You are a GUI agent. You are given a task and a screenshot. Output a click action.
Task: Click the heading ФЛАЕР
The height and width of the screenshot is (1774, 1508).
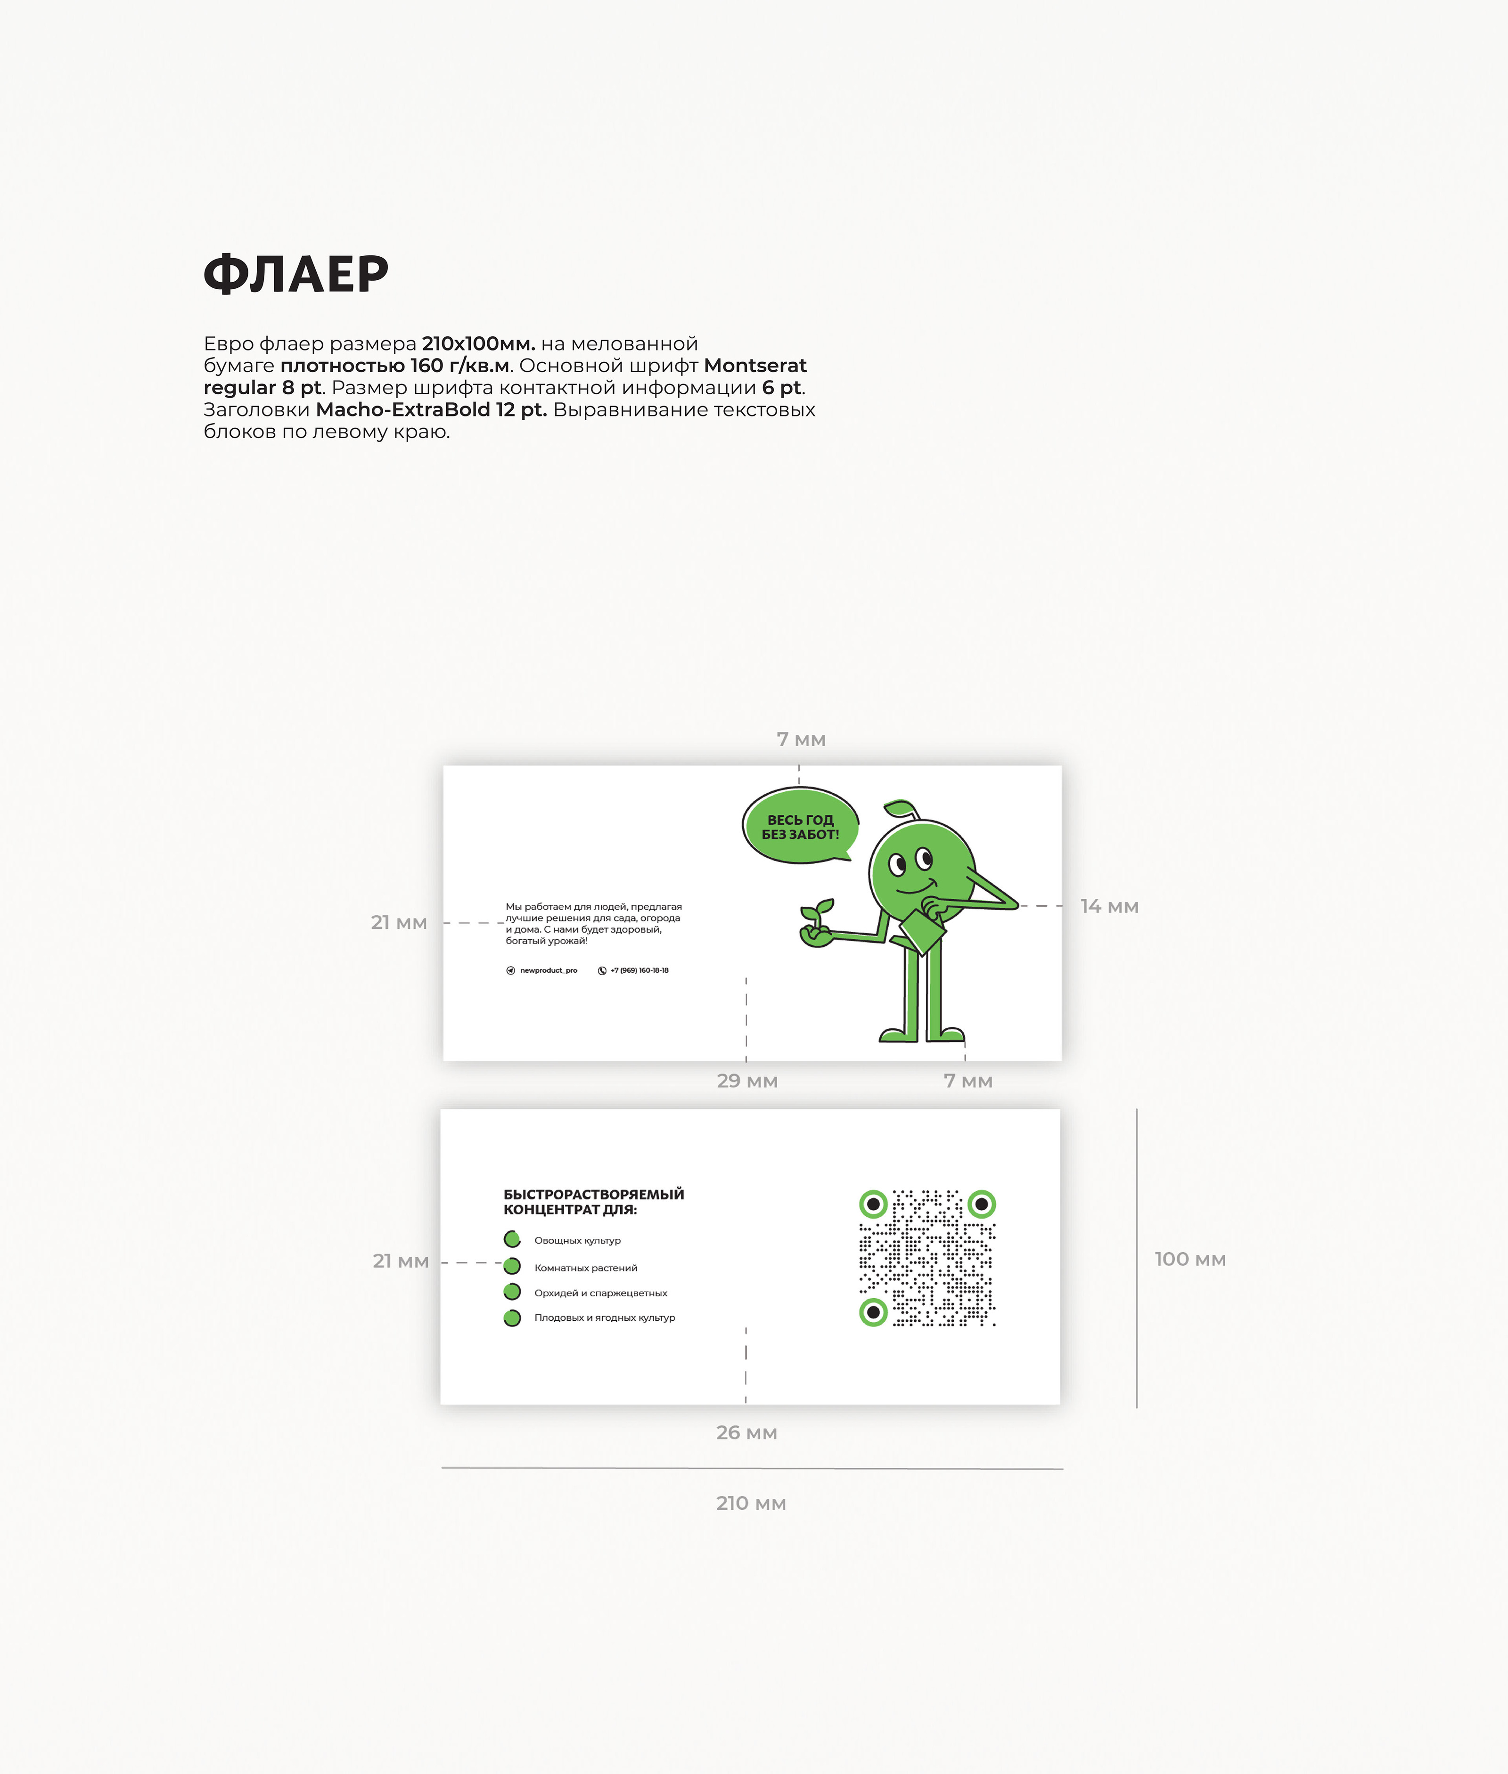pyautogui.click(x=296, y=274)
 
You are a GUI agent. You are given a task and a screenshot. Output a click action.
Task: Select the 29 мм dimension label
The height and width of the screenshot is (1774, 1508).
pyautogui.click(x=747, y=1081)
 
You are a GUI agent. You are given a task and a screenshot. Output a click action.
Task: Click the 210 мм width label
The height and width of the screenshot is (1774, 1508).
pyautogui.click(x=751, y=1503)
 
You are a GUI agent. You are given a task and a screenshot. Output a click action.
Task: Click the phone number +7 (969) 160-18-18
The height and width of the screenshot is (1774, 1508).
pyautogui.click(x=639, y=971)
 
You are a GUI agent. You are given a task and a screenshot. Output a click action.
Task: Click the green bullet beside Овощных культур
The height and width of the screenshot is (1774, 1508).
pyautogui.click(x=512, y=1239)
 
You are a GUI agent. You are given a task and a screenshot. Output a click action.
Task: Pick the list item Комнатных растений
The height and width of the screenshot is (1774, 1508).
pyautogui.click(x=586, y=1268)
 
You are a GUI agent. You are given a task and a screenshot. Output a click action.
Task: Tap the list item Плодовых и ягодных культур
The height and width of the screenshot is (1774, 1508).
pyautogui.click(x=605, y=1318)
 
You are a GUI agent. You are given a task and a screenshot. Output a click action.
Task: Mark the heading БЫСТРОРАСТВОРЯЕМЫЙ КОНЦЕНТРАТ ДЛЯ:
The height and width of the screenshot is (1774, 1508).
pyautogui.click(x=593, y=1202)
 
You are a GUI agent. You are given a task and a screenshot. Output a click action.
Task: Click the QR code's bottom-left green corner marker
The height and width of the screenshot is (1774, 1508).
pyautogui.click(x=873, y=1312)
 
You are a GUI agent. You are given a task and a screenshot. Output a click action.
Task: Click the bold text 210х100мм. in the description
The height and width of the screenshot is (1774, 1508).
pyautogui.click(x=479, y=343)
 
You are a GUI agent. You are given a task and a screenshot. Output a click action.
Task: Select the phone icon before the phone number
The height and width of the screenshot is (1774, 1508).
pyautogui.click(x=602, y=971)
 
